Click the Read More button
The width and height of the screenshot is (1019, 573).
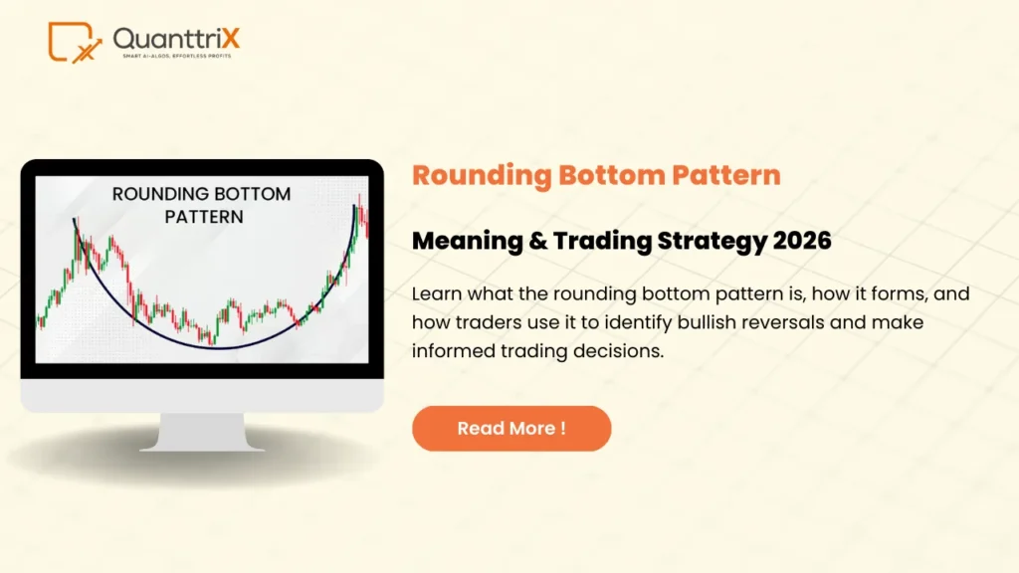[x=510, y=429]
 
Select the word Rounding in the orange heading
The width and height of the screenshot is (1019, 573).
[x=483, y=175]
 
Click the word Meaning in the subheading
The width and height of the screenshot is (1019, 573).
[x=467, y=240]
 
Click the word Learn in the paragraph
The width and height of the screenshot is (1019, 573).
[x=434, y=294]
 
